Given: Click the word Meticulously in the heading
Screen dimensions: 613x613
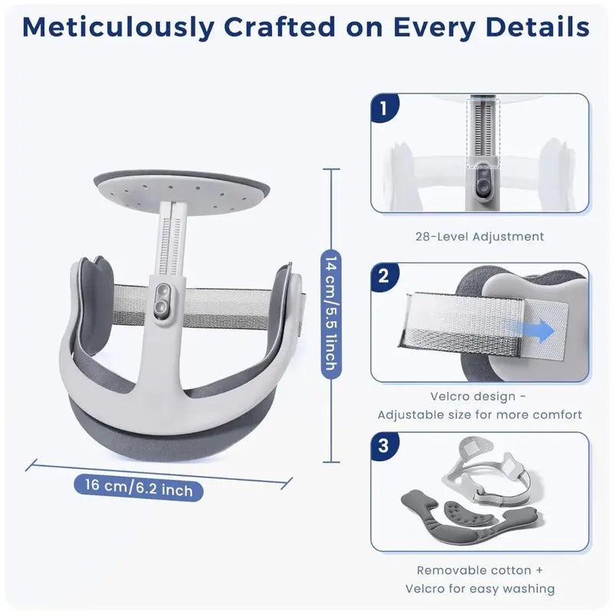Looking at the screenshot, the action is (x=118, y=28).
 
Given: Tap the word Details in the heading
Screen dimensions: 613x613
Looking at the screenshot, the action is (x=537, y=27).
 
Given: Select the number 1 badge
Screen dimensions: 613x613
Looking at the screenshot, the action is (x=384, y=108).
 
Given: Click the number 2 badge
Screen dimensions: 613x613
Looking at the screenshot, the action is (x=384, y=277).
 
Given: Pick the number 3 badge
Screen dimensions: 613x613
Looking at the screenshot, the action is (x=384, y=446).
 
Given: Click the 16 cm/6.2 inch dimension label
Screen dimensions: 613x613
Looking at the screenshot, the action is (x=139, y=487).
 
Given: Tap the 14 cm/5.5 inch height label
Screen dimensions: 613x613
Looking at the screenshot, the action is (x=331, y=314).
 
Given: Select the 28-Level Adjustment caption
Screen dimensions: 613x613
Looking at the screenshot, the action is (x=480, y=237).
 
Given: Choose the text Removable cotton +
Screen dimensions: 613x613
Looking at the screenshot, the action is (x=480, y=570).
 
